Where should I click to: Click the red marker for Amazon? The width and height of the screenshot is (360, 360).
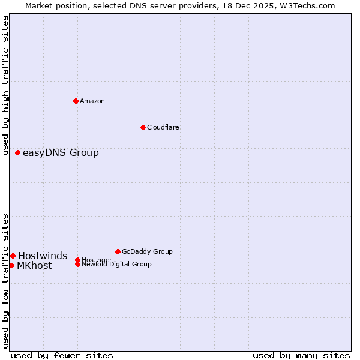(76, 101)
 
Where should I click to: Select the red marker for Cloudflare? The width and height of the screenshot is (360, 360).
(143, 127)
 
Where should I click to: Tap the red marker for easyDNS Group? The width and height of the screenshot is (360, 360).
(17, 152)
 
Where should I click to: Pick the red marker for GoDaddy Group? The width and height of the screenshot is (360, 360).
(118, 251)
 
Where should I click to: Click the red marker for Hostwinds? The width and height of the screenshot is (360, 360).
(13, 256)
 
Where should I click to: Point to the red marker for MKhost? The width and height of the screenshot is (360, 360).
(11, 265)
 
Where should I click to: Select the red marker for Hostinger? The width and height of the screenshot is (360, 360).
(77, 260)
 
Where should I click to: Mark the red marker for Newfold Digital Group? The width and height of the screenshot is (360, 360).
(77, 265)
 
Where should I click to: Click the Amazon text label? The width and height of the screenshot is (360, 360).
(92, 101)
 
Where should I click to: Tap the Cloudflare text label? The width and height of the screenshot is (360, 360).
(163, 127)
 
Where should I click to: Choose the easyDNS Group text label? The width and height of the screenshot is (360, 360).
(61, 152)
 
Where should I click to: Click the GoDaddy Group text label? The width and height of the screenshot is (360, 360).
(147, 251)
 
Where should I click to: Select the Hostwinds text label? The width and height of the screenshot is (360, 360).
(42, 256)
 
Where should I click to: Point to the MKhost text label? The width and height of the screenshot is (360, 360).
(34, 266)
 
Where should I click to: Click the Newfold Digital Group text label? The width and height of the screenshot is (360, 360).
(116, 265)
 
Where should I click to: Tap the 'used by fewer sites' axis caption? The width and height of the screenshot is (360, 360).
(62, 355)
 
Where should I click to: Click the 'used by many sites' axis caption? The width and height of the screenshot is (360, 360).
(301, 355)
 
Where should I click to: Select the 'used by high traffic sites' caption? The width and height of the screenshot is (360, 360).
(5, 86)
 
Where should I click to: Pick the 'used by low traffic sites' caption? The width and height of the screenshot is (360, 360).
(5, 280)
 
